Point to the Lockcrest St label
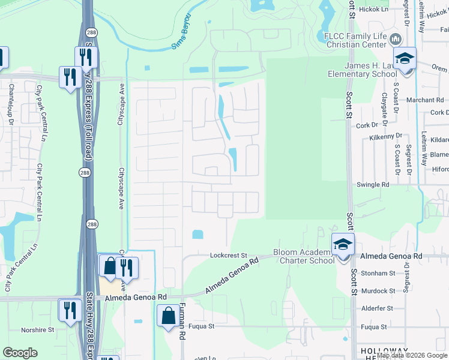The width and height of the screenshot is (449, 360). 228,255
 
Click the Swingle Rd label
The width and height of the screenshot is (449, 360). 373,185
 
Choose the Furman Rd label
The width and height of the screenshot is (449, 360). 182,324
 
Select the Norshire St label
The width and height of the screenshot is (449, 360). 37,329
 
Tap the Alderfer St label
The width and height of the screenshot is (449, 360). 377,308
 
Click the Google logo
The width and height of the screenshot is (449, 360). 20,353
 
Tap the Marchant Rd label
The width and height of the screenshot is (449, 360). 424,100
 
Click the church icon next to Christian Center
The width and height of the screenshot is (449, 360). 395,40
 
